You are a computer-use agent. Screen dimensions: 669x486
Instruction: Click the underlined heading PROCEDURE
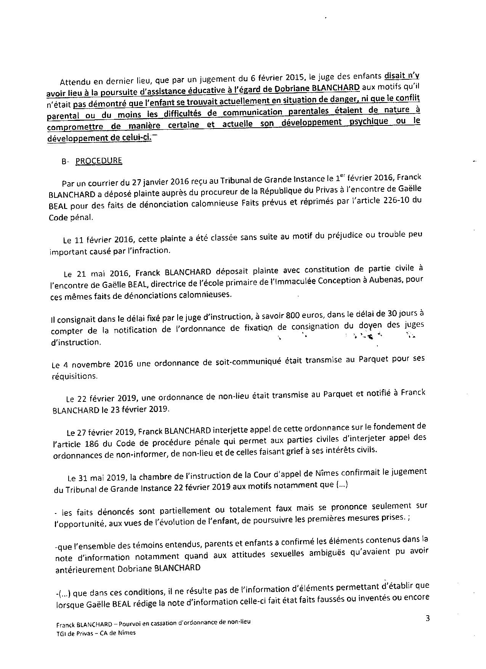pyautogui.click(x=99, y=161)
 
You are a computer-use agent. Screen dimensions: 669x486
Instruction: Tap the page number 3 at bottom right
pyautogui.click(x=428, y=618)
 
